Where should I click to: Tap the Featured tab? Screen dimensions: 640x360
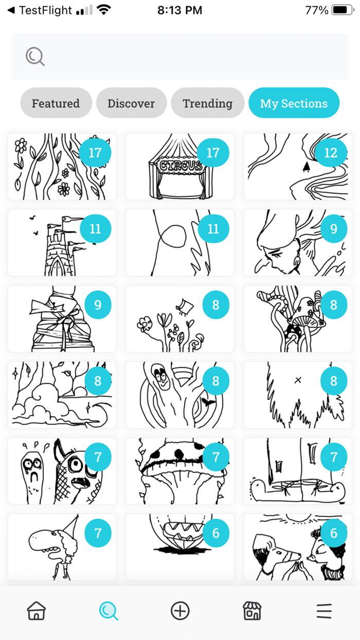56,103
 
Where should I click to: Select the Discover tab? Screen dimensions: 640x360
131,103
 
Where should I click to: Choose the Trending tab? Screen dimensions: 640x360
207,103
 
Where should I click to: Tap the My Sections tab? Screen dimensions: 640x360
294,103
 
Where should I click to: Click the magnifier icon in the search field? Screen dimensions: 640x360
35,57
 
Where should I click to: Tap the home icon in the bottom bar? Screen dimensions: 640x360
36,611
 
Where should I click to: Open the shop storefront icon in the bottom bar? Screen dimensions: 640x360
252,611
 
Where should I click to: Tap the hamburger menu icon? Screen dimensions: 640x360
324,611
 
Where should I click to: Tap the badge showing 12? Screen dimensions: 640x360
330,153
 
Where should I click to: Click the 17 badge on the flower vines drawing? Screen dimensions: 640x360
95,153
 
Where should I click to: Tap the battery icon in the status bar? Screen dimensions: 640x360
342,10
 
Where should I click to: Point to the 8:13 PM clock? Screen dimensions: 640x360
179,10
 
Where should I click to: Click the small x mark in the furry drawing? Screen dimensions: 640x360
298,380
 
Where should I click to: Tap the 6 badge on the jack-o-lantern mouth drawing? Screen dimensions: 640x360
215,534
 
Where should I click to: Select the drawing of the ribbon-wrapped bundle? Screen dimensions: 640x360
57,319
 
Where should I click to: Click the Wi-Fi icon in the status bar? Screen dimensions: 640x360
104,10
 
